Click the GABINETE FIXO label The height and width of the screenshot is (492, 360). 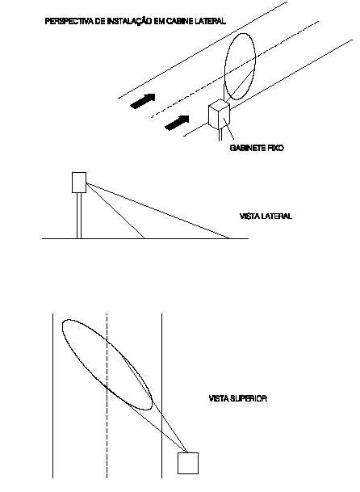tap(257, 148)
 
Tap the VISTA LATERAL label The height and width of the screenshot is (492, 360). tap(266, 217)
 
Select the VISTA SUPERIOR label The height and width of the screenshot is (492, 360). tap(237, 398)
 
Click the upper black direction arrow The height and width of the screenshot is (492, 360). tap(143, 101)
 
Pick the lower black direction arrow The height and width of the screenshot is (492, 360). tap(178, 123)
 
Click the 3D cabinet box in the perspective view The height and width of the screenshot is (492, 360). tap(220, 114)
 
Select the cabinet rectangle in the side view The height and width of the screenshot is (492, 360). tap(79, 183)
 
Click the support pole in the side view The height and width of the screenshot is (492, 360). tap(79, 216)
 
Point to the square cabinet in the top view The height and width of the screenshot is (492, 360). tap(188, 463)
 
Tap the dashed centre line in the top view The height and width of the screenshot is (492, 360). tap(107, 395)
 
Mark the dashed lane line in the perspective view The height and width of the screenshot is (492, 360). tap(235, 69)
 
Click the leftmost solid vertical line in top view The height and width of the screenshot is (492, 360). tap(52, 395)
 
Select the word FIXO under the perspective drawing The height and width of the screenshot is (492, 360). tap(275, 148)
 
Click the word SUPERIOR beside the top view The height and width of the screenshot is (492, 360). tap(249, 398)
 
